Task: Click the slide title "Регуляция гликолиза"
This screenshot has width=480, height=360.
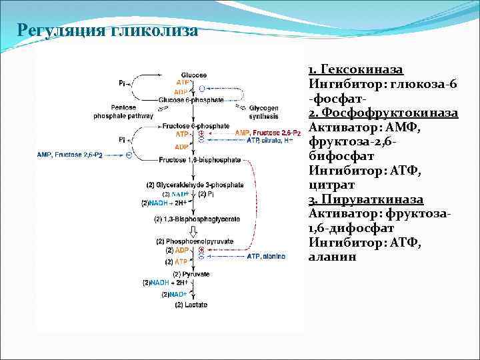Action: point(107,31)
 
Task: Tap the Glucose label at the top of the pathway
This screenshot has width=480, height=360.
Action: point(193,74)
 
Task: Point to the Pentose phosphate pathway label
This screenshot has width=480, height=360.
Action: point(123,111)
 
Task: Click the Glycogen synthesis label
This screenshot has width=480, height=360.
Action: point(266,111)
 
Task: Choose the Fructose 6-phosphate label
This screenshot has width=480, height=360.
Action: point(195,125)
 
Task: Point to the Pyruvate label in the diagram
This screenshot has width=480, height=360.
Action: point(191,274)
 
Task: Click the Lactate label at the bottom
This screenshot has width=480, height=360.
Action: point(191,305)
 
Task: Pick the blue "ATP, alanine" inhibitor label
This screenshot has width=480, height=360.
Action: point(266,255)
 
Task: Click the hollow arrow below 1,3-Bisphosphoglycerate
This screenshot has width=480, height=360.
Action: point(193,230)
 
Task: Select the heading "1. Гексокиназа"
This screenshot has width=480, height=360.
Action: point(356,70)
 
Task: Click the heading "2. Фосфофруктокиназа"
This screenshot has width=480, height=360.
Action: point(383,113)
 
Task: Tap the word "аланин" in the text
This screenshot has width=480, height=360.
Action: point(332,257)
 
